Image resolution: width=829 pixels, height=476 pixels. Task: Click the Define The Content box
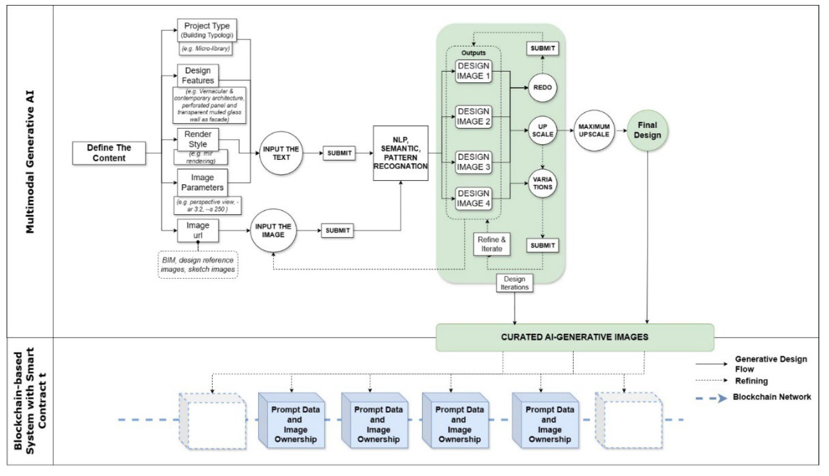pyautogui.click(x=109, y=153)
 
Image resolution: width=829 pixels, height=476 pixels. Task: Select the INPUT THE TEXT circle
pyautogui.click(x=281, y=153)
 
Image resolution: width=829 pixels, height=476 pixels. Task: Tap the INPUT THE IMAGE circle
pyautogui.click(x=273, y=230)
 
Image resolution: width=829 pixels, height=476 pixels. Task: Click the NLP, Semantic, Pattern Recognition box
pyautogui.click(x=401, y=153)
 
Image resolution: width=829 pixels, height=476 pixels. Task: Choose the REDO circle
pyautogui.click(x=542, y=88)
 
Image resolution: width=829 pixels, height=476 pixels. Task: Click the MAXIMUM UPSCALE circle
pyautogui.click(x=594, y=130)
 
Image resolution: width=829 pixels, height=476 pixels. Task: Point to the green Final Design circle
pyautogui.click(x=647, y=130)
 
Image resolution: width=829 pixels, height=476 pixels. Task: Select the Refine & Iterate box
pyautogui.click(x=491, y=244)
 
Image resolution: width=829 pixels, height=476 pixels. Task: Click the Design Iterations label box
pyautogui.click(x=514, y=283)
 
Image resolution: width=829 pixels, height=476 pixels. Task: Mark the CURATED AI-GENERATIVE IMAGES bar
pyautogui.click(x=575, y=337)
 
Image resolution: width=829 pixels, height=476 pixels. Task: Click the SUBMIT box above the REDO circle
pyautogui.click(x=542, y=48)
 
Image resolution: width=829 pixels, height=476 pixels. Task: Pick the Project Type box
pyautogui.click(x=207, y=30)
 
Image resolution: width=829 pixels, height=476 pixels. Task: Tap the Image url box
pyautogui.click(x=198, y=230)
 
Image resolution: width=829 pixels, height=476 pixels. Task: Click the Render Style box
pyautogui.click(x=198, y=139)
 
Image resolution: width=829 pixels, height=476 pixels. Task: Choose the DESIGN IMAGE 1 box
pyautogui.click(x=473, y=71)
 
